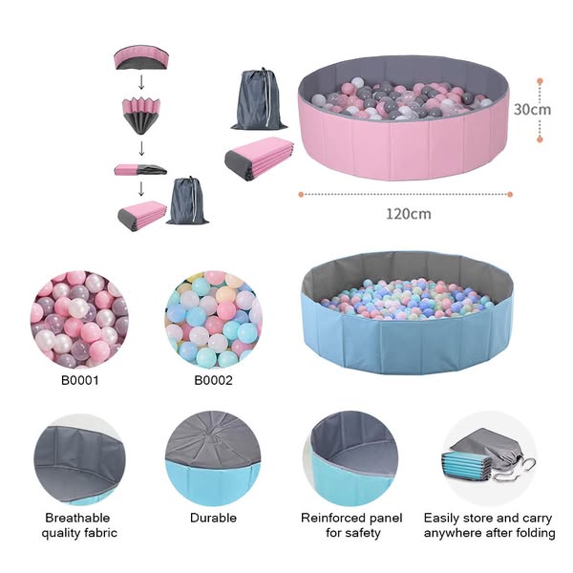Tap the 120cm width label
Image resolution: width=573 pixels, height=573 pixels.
click(408, 213)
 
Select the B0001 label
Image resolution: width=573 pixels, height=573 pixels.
click(80, 380)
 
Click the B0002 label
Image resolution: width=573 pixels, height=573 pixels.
click(213, 380)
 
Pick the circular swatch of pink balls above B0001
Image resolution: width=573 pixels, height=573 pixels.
click(80, 319)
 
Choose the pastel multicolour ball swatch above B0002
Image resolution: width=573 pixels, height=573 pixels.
click(213, 319)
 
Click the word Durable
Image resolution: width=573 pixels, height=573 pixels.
click(213, 518)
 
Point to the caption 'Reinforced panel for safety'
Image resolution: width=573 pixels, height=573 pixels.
click(351, 525)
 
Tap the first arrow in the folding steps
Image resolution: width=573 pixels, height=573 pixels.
click(141, 83)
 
